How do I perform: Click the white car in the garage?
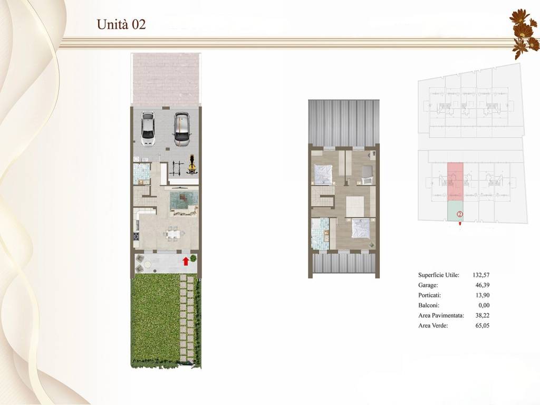148,129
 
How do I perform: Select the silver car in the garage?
181,129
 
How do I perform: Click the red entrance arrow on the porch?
186,261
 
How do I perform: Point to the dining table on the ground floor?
172,234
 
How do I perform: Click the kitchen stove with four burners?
137,237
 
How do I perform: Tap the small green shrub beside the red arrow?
194,258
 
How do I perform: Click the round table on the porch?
148,264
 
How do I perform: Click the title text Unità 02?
121,24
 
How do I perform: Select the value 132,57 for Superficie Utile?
481,275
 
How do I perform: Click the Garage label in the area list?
428,285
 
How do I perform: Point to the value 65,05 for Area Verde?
482,325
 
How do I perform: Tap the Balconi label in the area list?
429,305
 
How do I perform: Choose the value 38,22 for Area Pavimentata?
482,315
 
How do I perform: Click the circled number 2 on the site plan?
460,214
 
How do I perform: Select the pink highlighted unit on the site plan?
455,182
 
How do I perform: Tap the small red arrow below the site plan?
460,223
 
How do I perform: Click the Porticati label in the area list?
429,295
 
